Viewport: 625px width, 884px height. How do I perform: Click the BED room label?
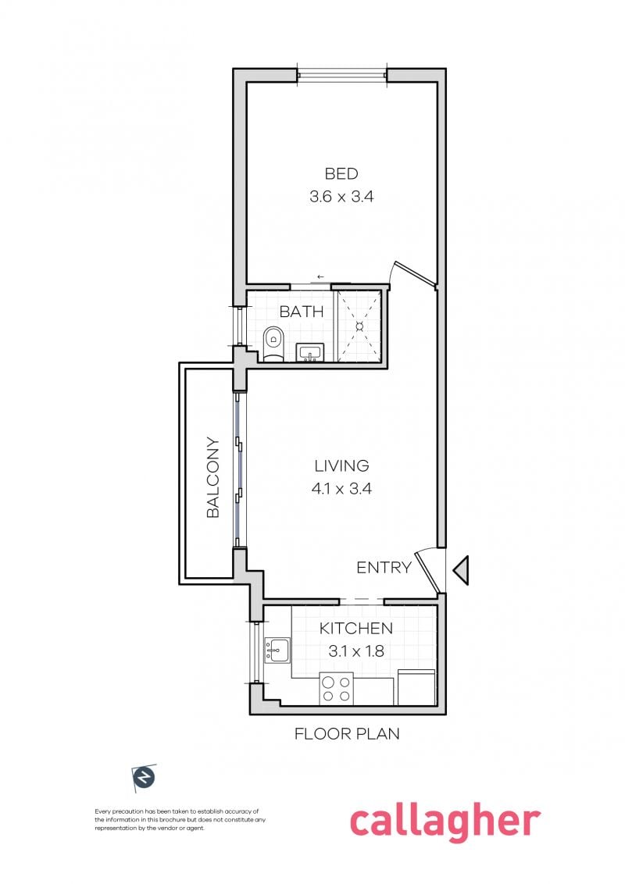[x=341, y=173]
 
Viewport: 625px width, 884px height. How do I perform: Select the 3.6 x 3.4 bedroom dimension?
[x=341, y=197]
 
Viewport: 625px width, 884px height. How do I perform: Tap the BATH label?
[x=302, y=312]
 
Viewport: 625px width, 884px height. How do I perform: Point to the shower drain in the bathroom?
[x=359, y=326]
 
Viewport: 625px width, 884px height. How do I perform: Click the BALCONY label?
[x=212, y=477]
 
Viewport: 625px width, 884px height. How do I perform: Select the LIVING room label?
[x=341, y=465]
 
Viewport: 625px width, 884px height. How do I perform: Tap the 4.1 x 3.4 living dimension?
[x=341, y=488]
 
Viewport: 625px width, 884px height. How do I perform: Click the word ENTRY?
[x=384, y=568]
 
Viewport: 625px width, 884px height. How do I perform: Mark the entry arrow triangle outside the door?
[x=460, y=570]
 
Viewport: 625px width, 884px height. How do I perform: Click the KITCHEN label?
[x=356, y=628]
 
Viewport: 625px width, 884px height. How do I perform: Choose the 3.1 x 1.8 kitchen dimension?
[x=356, y=651]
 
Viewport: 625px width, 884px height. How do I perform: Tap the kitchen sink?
[x=277, y=650]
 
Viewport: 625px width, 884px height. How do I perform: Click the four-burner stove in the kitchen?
[x=336, y=688]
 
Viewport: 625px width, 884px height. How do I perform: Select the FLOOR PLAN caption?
[x=347, y=733]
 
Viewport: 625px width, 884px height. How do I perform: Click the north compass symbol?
[x=144, y=779]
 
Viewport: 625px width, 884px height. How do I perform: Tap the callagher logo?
[x=445, y=821]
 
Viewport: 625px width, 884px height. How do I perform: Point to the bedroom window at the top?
[x=342, y=75]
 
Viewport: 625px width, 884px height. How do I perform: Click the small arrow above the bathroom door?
[x=320, y=276]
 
